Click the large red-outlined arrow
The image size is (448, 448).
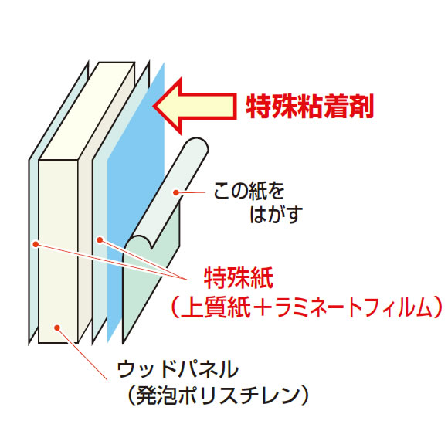pos(195,106)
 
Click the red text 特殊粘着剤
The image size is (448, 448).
pos(310,106)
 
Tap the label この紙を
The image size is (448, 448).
pos(249,191)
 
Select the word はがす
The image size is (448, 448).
pos(276,214)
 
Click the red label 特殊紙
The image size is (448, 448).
pos(239,278)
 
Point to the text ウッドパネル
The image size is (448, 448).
pos(178,369)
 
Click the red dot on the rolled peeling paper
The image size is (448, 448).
pos(176,193)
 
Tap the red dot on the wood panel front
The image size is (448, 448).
pos(57,328)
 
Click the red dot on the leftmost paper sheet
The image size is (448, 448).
pos(36,244)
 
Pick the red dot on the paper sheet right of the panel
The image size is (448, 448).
pos(100,240)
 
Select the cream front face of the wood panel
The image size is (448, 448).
pos(58,252)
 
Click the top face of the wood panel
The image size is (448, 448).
pos(87,111)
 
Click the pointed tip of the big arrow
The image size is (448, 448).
pos(154,106)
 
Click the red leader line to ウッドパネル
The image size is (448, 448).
pos(83,354)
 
